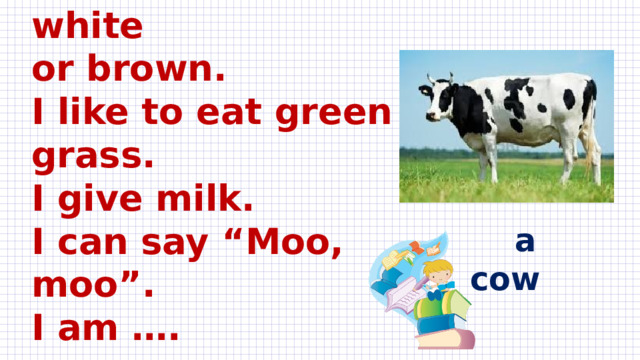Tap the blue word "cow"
pos(506,279)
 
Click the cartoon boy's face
pos(436,274)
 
